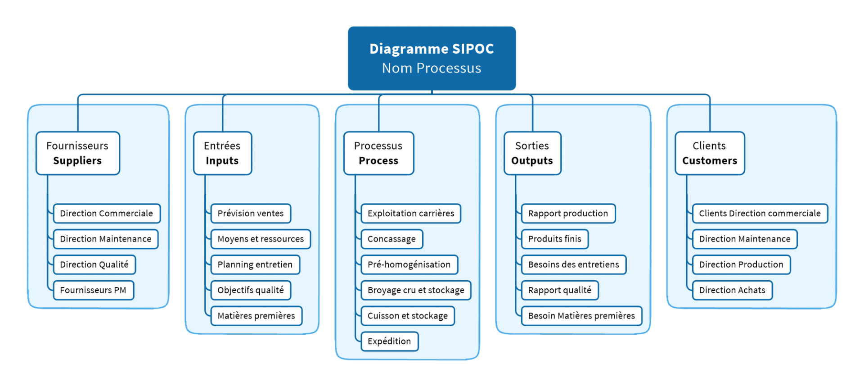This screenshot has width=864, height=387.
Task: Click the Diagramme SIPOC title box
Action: point(432,58)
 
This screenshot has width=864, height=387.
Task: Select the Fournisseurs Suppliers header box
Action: point(77,153)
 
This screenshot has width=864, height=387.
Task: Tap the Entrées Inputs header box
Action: point(222,153)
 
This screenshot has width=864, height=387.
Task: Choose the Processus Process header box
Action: point(378,153)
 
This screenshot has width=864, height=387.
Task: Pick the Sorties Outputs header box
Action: point(532,153)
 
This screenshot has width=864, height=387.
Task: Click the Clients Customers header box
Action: point(709,153)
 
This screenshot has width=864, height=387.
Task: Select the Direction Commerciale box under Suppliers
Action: point(106,214)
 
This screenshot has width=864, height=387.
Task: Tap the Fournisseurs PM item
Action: point(93,291)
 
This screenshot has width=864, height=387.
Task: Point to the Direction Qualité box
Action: point(94,265)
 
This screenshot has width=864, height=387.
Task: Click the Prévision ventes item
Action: point(251,214)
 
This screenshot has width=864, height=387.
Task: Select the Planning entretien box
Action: point(255,265)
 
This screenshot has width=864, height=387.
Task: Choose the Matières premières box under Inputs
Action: point(256,316)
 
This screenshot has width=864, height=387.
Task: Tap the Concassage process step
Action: point(391,239)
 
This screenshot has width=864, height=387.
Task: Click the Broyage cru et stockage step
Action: point(415,291)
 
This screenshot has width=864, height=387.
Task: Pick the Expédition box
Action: point(389,341)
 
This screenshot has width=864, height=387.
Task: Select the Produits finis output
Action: point(554,239)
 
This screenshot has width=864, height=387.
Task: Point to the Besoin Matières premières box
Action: point(581,316)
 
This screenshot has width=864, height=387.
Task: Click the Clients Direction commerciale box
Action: point(760,214)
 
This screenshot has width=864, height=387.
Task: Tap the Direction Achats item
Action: point(732,291)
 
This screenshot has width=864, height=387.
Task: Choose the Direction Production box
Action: point(741,265)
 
